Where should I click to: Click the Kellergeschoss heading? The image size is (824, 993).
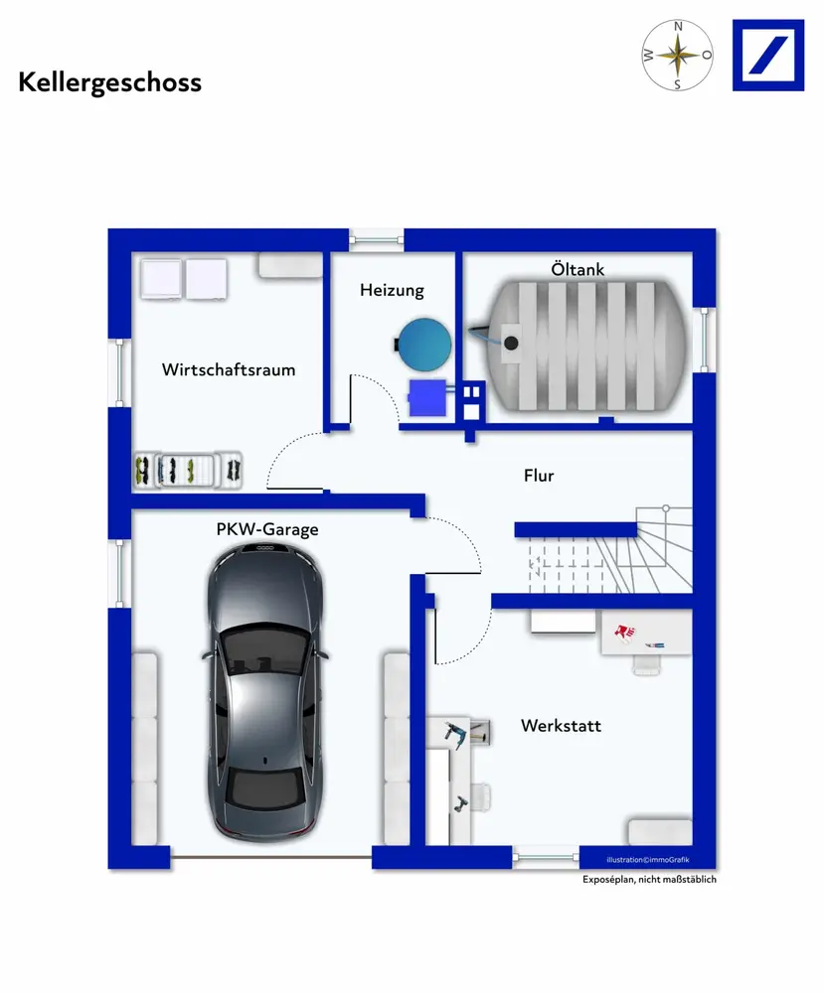point(109,83)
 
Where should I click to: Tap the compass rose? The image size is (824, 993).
point(677,55)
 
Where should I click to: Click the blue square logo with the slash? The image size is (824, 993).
point(768,55)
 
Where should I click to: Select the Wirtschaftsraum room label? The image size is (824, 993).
point(229,369)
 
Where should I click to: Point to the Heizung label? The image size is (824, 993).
point(392,290)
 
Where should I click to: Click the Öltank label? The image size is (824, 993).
point(577,269)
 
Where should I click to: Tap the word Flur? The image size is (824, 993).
point(539,476)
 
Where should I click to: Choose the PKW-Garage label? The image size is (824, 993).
point(266,529)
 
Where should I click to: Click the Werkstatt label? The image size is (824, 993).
point(561,726)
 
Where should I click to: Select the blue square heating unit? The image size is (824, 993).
point(427,398)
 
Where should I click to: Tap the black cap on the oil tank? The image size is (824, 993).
point(511,344)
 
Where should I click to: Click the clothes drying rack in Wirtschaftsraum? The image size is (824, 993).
point(188,471)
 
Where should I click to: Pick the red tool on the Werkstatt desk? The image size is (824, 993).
point(624,632)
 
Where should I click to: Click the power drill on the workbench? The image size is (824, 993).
point(457,735)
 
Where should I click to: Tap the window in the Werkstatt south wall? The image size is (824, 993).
point(546,858)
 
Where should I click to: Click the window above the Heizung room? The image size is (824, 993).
point(377,239)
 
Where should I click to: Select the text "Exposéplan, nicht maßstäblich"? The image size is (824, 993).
point(650,880)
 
